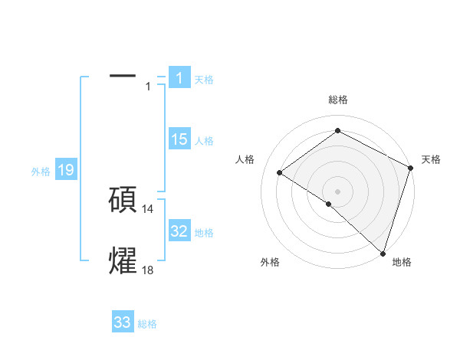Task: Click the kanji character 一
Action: click(123, 77)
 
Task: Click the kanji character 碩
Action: click(123, 199)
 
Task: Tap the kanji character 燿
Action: click(123, 260)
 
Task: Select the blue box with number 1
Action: click(179, 77)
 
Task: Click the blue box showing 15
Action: click(179, 139)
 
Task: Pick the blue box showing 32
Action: click(179, 231)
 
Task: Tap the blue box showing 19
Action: click(65, 170)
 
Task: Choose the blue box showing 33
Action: click(122, 322)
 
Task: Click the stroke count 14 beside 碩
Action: click(148, 209)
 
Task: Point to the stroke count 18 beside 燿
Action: click(148, 270)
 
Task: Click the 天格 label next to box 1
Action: click(204, 80)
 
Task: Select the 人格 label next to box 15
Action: click(204, 141)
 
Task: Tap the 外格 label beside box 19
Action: click(41, 172)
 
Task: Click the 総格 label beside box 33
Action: click(147, 324)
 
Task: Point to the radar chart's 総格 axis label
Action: click(337, 100)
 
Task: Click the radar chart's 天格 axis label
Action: click(431, 159)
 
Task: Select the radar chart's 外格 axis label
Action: click(270, 262)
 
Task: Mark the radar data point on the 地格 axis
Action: click(383, 253)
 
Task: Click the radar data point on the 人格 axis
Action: click(280, 172)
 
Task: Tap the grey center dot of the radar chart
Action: click(337, 191)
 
